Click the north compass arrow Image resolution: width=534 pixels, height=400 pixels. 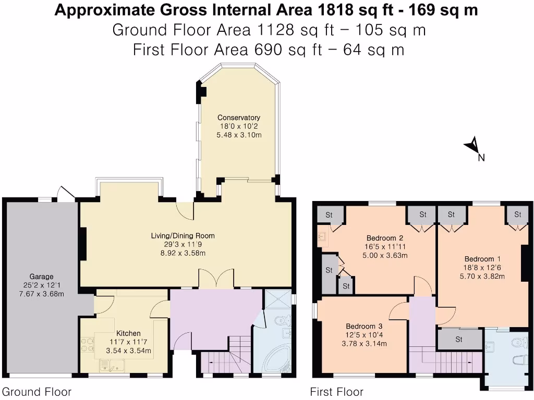(474, 145)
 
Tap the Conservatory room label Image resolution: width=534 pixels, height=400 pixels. (238, 117)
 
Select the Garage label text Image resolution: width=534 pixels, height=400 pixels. (41, 277)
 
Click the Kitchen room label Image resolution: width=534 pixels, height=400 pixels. (128, 333)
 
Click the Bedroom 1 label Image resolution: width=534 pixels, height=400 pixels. (479, 259)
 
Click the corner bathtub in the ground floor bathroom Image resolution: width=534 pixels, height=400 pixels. (272, 360)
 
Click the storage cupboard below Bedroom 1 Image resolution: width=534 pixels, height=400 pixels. (459, 340)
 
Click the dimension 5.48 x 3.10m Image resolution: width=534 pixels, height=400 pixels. (238, 135)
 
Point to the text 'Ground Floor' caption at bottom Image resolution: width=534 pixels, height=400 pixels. (37, 392)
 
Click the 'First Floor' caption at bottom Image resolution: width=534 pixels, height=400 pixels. (336, 392)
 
